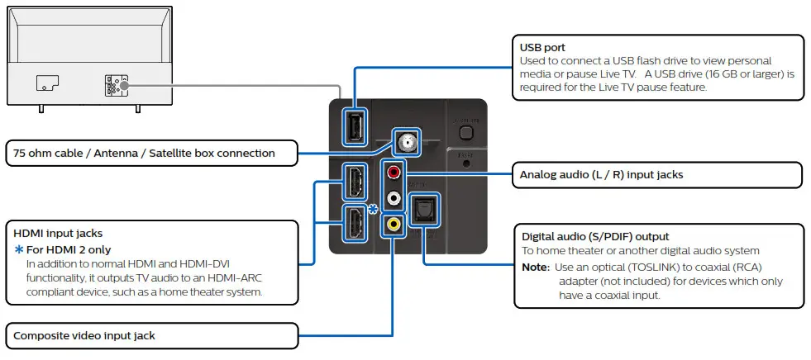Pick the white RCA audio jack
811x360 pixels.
394,198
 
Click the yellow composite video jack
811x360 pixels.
394,223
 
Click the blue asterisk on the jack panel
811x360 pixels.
373,209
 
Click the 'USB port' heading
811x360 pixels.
541,48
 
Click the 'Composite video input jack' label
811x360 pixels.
84,335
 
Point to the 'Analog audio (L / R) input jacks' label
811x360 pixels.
601,174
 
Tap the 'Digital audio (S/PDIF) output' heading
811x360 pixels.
595,236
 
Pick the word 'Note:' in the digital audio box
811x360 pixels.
535,268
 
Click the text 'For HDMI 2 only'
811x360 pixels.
69,249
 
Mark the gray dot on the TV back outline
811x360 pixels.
122,84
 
